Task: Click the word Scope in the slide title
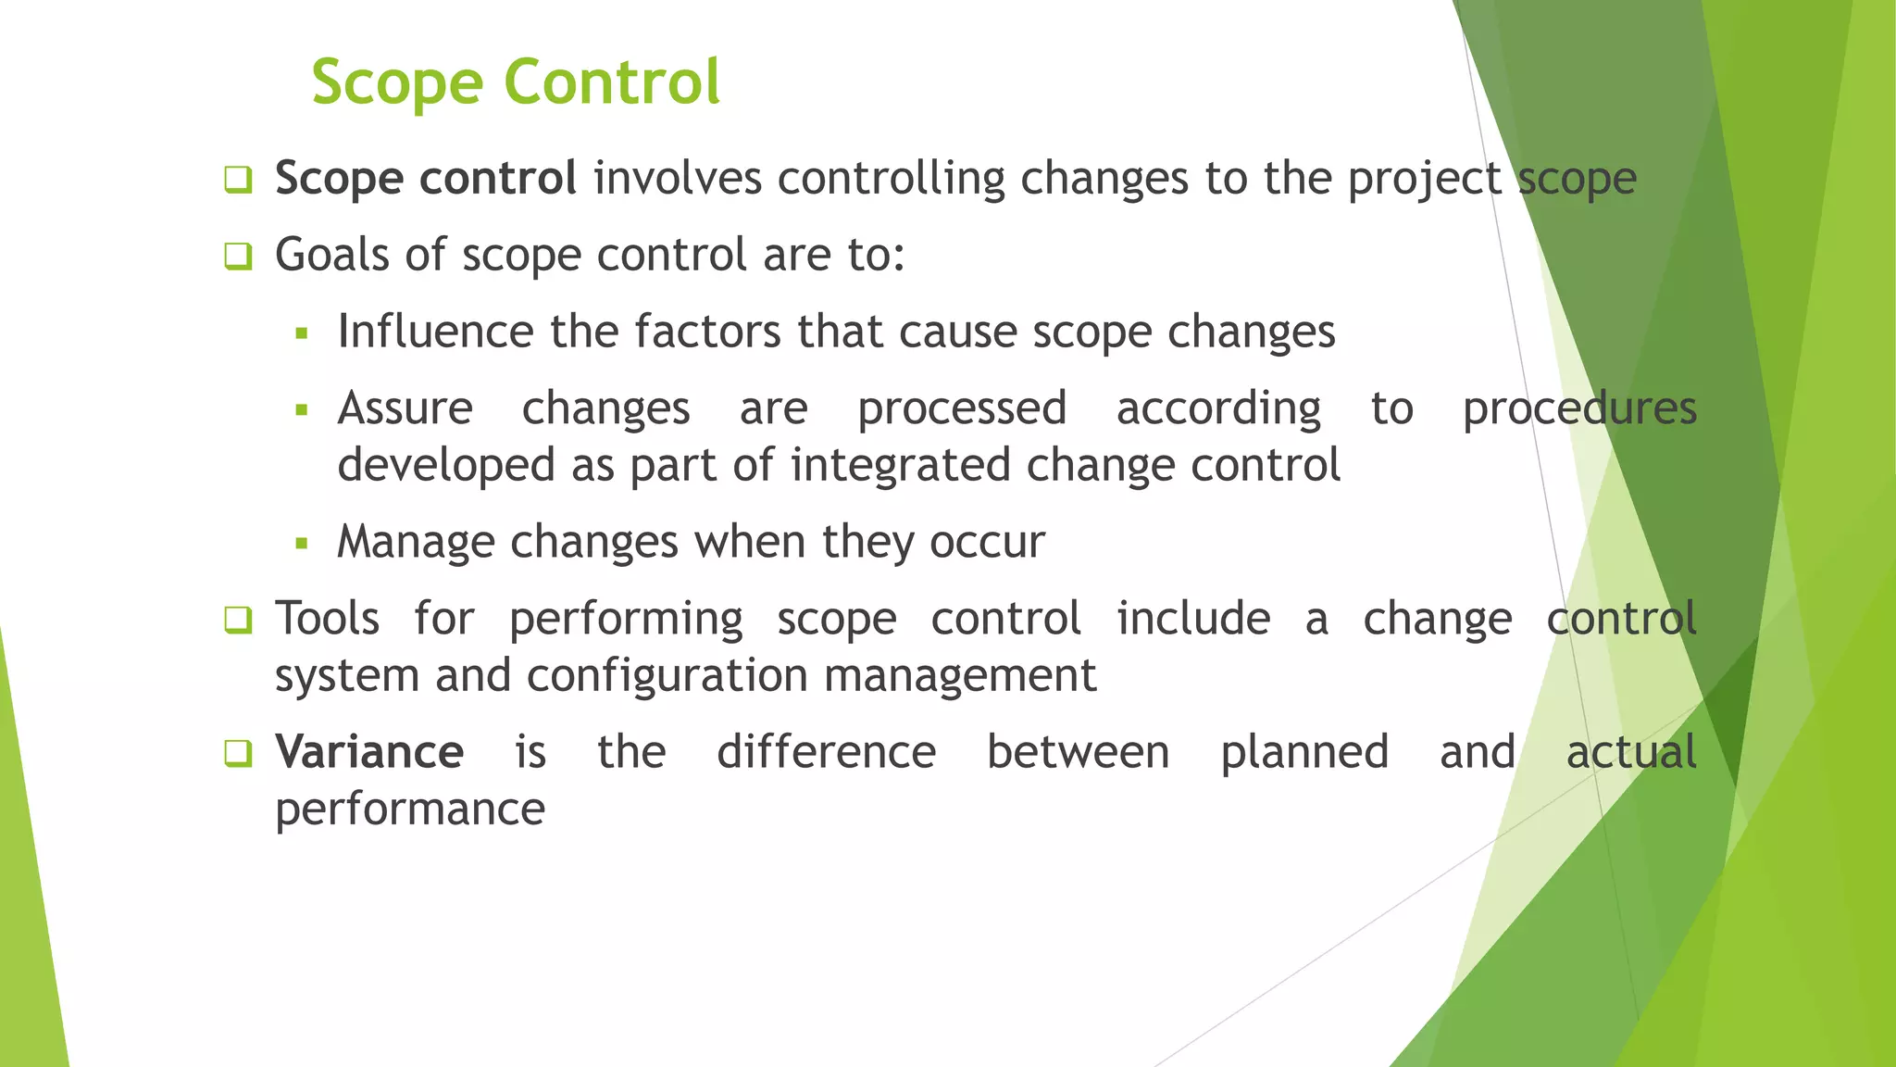[x=397, y=83]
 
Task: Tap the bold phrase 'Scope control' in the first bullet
[x=426, y=178]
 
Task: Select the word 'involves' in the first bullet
[x=678, y=178]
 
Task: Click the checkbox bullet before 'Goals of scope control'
[x=238, y=257]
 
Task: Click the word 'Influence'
[x=436, y=332]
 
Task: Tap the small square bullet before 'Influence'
[x=301, y=333]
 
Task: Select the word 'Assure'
[x=405, y=408]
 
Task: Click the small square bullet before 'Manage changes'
[x=301, y=544]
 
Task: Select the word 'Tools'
[x=328, y=618]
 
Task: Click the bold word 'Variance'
[x=369, y=751]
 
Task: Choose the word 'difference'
[x=826, y=751]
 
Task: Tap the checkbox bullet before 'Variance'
[x=238, y=753]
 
